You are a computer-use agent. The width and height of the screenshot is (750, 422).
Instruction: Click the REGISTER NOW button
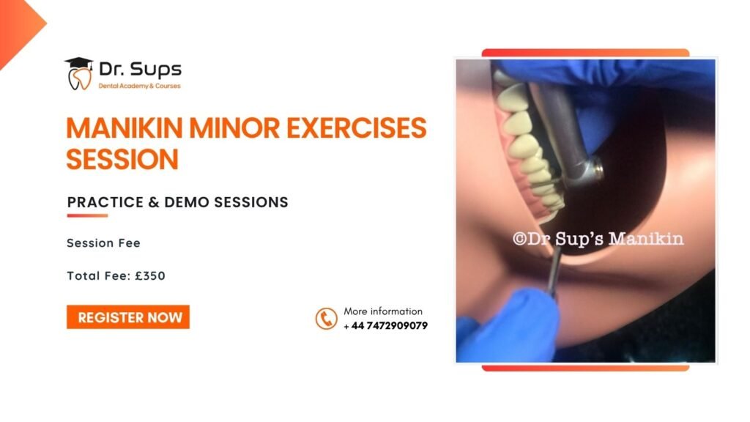click(x=128, y=317)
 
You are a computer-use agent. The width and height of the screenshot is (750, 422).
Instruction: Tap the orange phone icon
click(x=326, y=319)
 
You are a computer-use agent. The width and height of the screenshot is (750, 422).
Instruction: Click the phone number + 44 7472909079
click(x=385, y=326)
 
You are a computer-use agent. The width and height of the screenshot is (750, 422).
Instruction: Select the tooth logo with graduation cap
click(x=79, y=74)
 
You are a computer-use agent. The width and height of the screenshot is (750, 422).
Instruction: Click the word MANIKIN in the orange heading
click(x=125, y=128)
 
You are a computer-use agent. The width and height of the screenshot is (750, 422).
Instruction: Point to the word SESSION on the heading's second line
click(x=122, y=159)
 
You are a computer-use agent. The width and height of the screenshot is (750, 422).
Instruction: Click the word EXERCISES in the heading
click(x=357, y=128)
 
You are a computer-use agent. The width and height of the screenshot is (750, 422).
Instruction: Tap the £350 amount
click(x=150, y=276)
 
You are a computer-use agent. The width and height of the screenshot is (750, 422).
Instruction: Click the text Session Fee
click(x=104, y=243)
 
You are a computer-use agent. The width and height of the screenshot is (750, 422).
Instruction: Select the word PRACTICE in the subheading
click(x=105, y=202)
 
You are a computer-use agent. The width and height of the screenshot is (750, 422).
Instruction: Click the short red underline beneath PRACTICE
click(x=88, y=216)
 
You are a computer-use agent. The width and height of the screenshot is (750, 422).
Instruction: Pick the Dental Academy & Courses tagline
click(x=140, y=86)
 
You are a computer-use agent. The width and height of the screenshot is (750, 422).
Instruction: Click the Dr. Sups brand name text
click(x=140, y=70)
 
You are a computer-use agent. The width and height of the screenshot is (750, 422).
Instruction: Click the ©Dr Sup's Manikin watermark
click(x=598, y=238)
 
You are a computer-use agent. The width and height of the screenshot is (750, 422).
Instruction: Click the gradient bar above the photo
click(x=585, y=53)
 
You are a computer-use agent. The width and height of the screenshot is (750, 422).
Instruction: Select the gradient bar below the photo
click(x=585, y=368)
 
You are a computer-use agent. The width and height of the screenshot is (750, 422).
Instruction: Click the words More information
click(x=383, y=311)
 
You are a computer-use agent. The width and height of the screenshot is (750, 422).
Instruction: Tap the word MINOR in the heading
click(x=234, y=128)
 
